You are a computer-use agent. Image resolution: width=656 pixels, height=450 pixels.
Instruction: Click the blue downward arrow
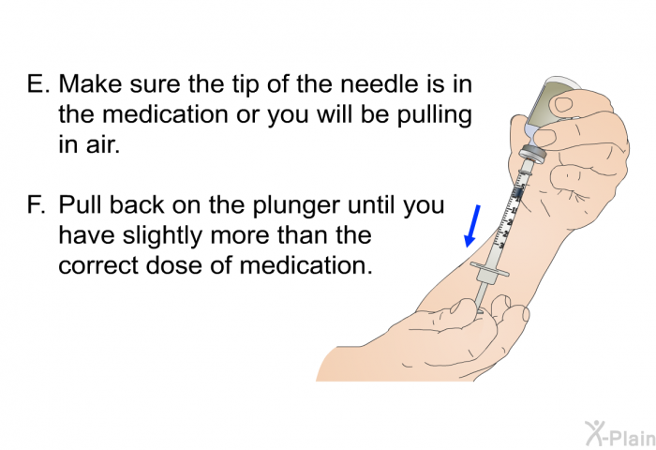point(472,226)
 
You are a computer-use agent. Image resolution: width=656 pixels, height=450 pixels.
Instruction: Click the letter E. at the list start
point(38,83)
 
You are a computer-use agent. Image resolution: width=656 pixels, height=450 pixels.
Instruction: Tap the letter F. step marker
point(37,205)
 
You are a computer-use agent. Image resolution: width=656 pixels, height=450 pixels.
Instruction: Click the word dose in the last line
point(174,265)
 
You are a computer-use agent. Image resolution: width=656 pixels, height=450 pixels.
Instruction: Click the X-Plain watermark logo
point(619,433)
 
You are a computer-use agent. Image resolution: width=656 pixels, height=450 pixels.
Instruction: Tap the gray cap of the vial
point(532,156)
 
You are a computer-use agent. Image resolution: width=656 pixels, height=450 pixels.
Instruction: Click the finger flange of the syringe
point(490,269)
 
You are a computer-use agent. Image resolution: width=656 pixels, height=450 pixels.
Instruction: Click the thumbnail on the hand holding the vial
point(562,103)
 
